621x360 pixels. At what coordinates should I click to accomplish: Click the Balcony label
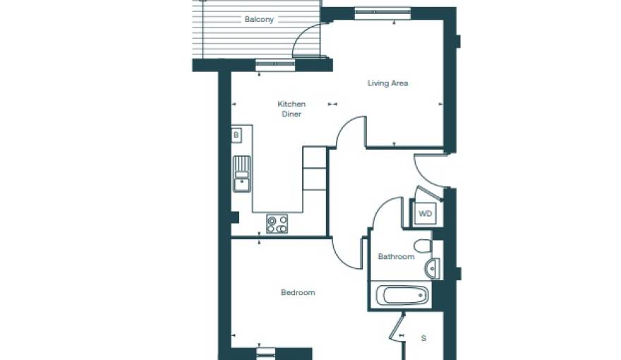click(x=259, y=20)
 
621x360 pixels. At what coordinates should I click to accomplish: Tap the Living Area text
click(x=387, y=83)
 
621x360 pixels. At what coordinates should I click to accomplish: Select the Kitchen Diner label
click(x=291, y=109)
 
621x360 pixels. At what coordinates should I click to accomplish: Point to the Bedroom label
click(x=298, y=292)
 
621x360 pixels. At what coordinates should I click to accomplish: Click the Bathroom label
click(x=396, y=257)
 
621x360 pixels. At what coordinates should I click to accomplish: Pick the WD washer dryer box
click(x=425, y=213)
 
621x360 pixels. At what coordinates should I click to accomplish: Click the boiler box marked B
click(x=236, y=134)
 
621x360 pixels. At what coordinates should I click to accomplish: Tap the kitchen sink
click(x=241, y=174)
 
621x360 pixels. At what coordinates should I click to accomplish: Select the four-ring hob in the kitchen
click(x=277, y=224)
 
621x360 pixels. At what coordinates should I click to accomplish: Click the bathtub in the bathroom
click(x=401, y=295)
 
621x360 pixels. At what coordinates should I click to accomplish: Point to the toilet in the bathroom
click(x=423, y=246)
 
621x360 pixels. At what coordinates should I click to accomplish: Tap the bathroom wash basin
click(x=433, y=268)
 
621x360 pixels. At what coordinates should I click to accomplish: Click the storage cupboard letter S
click(x=423, y=338)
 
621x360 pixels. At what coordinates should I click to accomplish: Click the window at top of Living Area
click(x=382, y=13)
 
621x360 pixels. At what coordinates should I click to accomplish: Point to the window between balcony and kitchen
click(x=275, y=65)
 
